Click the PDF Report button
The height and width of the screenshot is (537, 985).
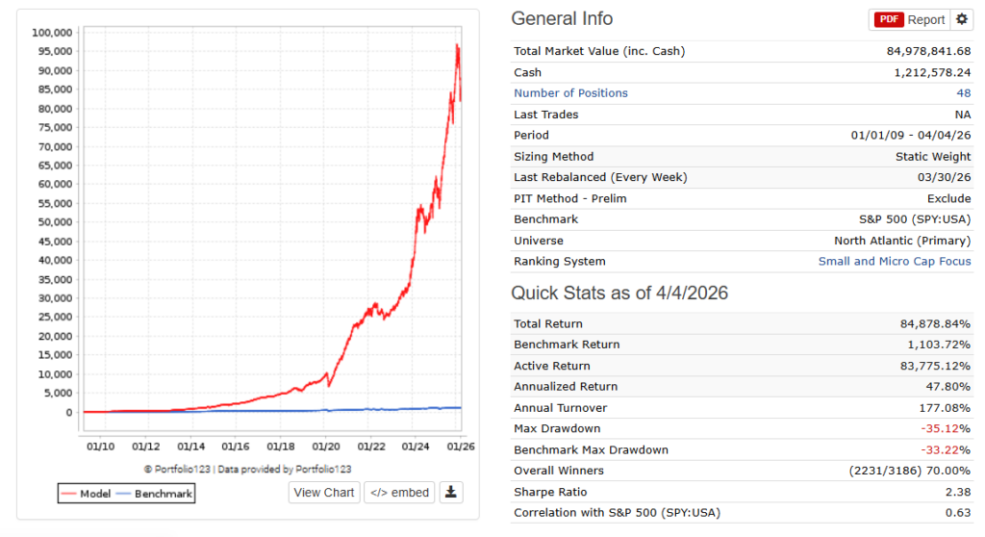[909, 19]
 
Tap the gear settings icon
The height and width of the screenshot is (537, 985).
[962, 19]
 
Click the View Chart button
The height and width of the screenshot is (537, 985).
[324, 493]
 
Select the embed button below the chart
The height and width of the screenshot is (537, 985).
[399, 493]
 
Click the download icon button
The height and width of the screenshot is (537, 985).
[451, 493]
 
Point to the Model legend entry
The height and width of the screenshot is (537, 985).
[84, 494]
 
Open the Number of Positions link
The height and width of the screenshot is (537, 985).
[570, 93]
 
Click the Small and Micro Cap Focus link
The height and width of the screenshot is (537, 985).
[895, 262]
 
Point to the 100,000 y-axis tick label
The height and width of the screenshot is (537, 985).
[52, 32]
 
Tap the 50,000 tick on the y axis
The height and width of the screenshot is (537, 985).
[55, 222]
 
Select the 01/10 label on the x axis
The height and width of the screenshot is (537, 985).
[100, 447]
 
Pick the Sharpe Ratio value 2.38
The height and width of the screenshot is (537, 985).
[956, 492]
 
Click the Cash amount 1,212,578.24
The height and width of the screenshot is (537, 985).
[932, 72]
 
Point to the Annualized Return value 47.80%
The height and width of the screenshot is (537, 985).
[947, 387]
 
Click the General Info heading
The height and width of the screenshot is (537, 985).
[562, 19]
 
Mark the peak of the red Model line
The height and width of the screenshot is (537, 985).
[458, 44]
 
